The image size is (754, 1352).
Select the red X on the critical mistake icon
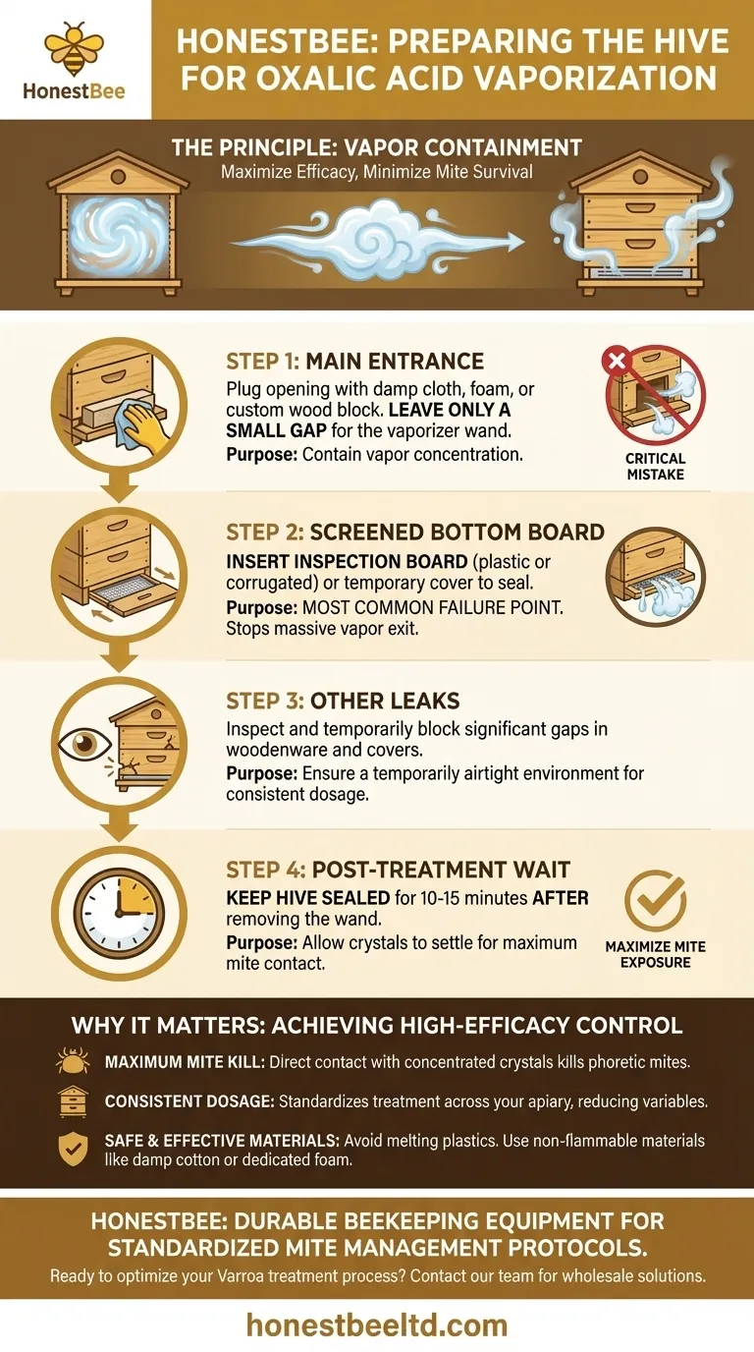click(619, 362)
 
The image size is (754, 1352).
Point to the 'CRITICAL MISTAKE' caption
click(655, 467)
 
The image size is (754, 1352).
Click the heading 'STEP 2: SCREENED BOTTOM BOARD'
click(414, 532)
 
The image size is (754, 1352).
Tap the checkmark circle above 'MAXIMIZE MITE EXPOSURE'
click(655, 902)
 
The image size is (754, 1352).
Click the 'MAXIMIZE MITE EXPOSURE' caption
click(655, 954)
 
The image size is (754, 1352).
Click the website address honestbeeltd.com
click(376, 1324)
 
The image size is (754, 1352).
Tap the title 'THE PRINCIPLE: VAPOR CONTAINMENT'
click(376, 148)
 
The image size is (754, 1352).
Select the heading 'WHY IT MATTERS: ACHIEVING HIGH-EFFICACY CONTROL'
click(376, 1026)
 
